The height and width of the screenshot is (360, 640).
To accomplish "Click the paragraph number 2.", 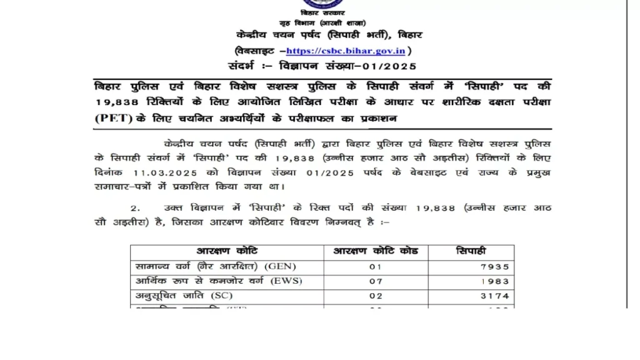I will (136, 207).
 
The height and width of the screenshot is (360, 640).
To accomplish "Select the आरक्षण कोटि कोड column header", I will (375, 251).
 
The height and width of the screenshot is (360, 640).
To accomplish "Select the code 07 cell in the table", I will (375, 281).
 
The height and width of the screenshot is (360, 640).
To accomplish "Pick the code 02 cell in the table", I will (375, 296).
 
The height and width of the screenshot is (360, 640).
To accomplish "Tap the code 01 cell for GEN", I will (375, 266).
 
